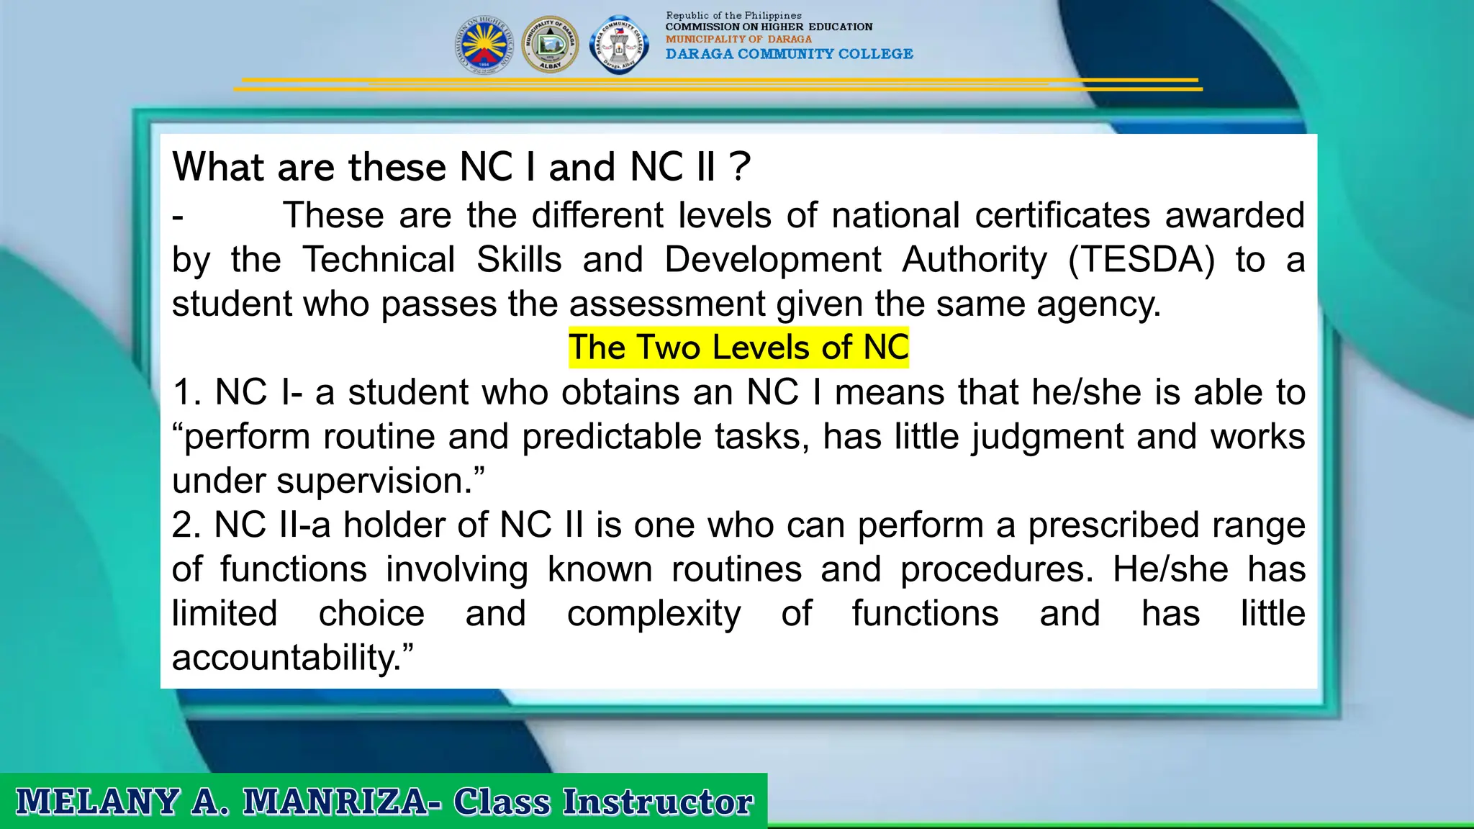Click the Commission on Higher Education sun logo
[x=484, y=45]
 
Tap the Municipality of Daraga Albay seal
[x=550, y=45]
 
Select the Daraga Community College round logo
[x=619, y=45]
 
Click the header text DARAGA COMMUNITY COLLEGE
[x=789, y=54]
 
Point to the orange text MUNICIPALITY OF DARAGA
[x=738, y=40]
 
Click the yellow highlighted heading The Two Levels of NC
[x=738, y=348]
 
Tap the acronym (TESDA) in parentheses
[x=1141, y=260]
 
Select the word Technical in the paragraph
[x=379, y=260]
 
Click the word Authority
[x=975, y=260]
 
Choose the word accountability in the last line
[x=286, y=658]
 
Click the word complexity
[x=654, y=614]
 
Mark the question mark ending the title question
[x=739, y=167]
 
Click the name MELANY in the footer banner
[x=98, y=802]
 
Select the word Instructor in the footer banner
[x=658, y=802]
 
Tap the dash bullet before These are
[x=178, y=216]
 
